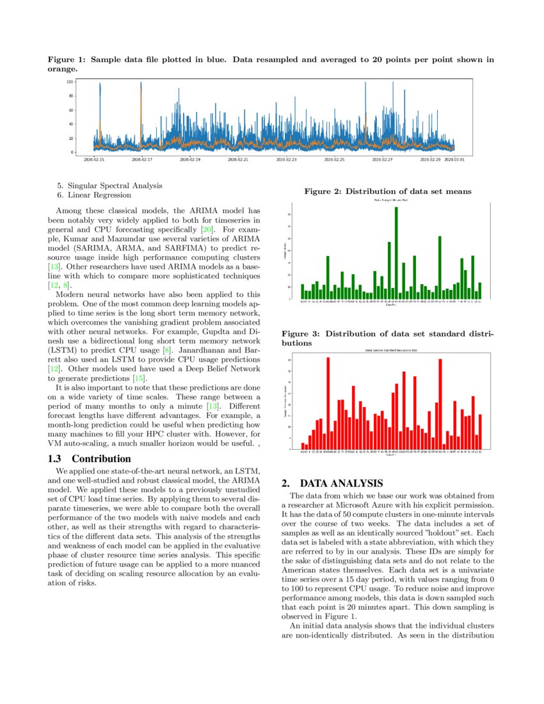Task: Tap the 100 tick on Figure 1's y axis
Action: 69,82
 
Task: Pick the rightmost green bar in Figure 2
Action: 479,291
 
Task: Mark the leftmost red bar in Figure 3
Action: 303,446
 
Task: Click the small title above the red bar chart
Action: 390,351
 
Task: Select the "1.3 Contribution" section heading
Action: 90,459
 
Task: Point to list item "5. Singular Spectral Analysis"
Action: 109,186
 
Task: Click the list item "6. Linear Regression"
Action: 94,195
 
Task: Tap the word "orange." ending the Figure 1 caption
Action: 63,68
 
